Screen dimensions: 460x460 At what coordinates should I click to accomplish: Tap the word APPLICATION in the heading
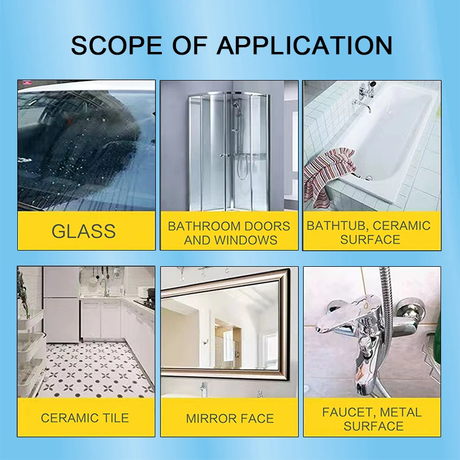point(304,45)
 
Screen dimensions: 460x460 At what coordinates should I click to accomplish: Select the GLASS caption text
point(83,231)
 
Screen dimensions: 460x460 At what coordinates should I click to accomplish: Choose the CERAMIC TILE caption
point(85,418)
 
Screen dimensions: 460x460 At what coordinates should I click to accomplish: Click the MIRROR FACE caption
point(229,418)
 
